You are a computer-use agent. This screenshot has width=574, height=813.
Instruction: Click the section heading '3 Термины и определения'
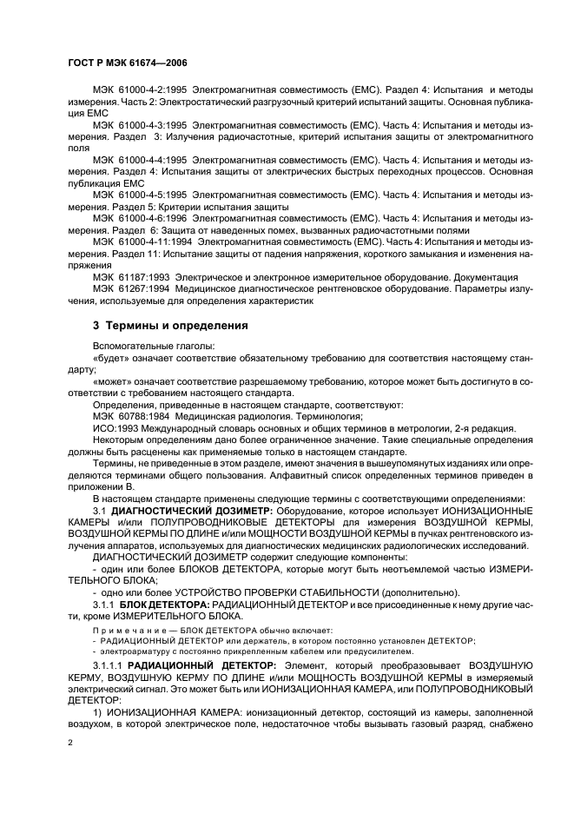point(170,327)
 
